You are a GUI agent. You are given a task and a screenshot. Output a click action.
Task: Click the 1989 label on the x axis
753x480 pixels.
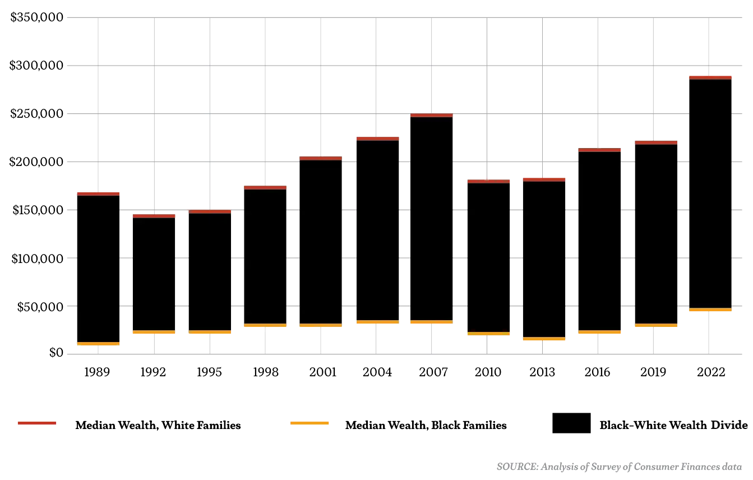(x=97, y=372)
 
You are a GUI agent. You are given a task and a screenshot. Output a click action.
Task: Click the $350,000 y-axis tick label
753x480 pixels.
(x=37, y=17)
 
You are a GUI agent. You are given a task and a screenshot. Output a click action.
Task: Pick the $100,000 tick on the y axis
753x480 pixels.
(x=37, y=259)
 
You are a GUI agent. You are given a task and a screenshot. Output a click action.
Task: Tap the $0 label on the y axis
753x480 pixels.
(x=55, y=353)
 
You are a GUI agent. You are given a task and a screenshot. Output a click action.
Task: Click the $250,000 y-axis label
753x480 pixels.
(x=37, y=114)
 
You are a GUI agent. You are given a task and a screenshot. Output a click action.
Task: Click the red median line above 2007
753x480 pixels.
(x=431, y=115)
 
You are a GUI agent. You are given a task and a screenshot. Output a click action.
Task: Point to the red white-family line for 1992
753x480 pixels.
(x=154, y=216)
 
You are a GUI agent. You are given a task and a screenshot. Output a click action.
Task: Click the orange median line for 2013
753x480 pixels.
(x=544, y=338)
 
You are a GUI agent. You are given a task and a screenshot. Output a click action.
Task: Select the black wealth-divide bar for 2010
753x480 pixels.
(x=488, y=258)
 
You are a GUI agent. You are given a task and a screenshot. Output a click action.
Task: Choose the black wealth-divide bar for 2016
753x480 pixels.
(x=599, y=241)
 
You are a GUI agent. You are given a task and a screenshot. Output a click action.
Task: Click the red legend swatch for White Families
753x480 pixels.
(x=37, y=423)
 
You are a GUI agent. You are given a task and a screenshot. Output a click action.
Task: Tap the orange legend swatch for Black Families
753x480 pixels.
(x=309, y=423)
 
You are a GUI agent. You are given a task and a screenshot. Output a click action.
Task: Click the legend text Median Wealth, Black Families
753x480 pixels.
(x=426, y=425)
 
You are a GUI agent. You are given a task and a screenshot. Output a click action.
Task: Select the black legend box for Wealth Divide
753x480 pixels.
(x=571, y=423)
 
